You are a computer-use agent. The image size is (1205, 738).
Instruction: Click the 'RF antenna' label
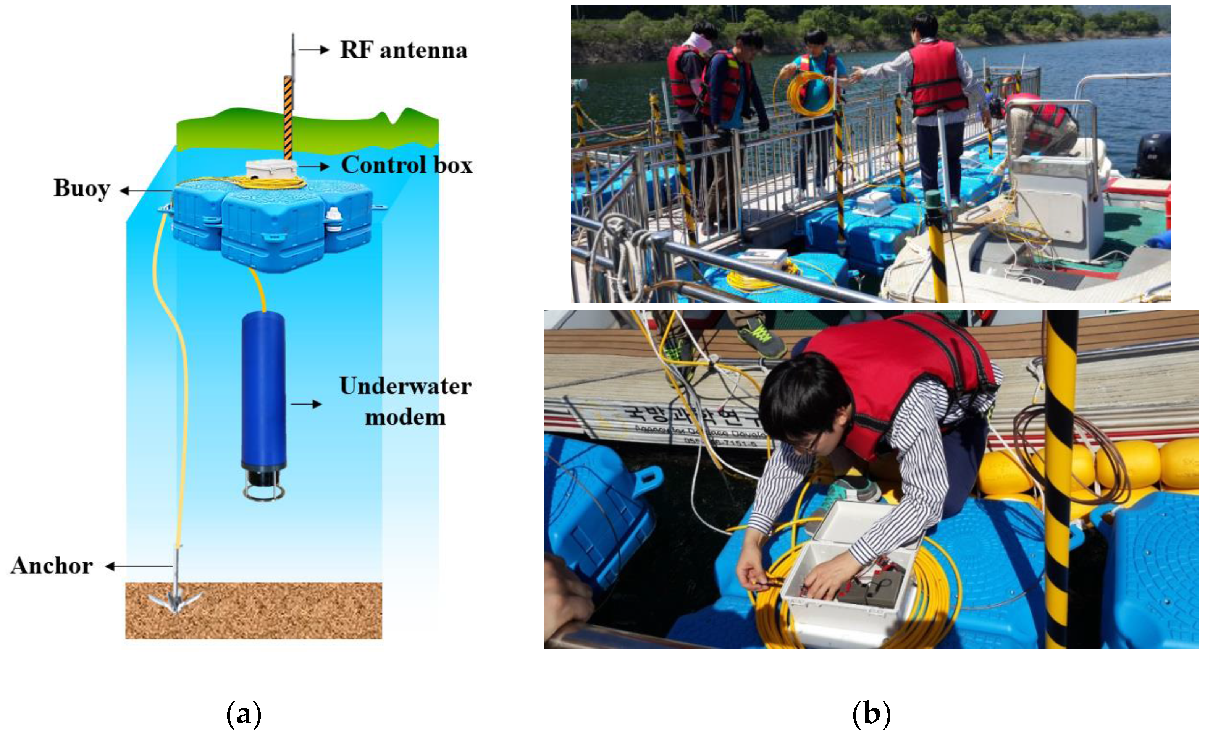click(404, 50)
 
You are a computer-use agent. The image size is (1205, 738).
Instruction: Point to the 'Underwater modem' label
click(405, 401)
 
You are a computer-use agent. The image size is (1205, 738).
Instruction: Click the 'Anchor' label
click(52, 566)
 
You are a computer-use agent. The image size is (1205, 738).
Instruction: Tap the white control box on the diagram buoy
click(271, 169)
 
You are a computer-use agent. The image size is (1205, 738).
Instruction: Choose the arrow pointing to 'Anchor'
click(139, 566)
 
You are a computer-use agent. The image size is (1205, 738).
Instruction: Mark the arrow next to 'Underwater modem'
click(307, 404)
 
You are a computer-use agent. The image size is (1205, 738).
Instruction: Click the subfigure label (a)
click(244, 715)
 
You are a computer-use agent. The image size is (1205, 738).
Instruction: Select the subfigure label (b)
click(871, 715)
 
